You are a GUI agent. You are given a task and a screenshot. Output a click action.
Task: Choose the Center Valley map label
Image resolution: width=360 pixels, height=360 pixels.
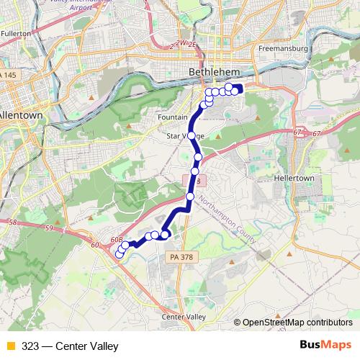coord(184,317)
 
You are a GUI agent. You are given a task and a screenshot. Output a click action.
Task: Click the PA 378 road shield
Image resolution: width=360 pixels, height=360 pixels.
coord(183,257)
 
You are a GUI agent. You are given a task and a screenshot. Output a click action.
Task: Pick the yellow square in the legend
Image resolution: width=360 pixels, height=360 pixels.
coord(10,346)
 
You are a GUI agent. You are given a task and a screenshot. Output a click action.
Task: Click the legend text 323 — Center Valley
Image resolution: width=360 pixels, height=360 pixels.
coord(70,346)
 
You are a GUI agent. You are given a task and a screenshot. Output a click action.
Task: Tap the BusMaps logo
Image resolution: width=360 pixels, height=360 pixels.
coord(326,346)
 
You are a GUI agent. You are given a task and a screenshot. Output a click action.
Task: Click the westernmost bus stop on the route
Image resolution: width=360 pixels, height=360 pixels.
coord(120,253)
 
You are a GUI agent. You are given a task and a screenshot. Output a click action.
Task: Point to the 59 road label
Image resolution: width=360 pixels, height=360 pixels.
coord(49,229)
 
